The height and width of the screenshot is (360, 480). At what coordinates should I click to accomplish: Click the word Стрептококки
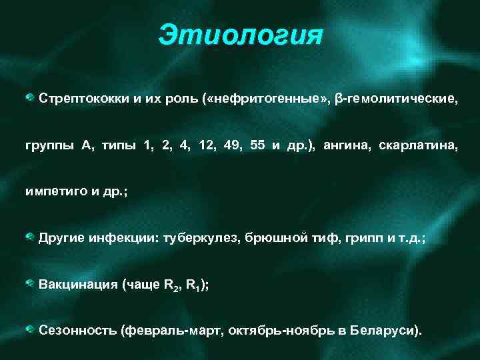[x=81, y=99]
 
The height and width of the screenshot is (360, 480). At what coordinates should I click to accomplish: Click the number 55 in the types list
[x=258, y=145]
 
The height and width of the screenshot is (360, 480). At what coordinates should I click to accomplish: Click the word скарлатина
[x=418, y=145]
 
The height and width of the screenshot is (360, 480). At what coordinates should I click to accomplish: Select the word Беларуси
[x=385, y=331]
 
